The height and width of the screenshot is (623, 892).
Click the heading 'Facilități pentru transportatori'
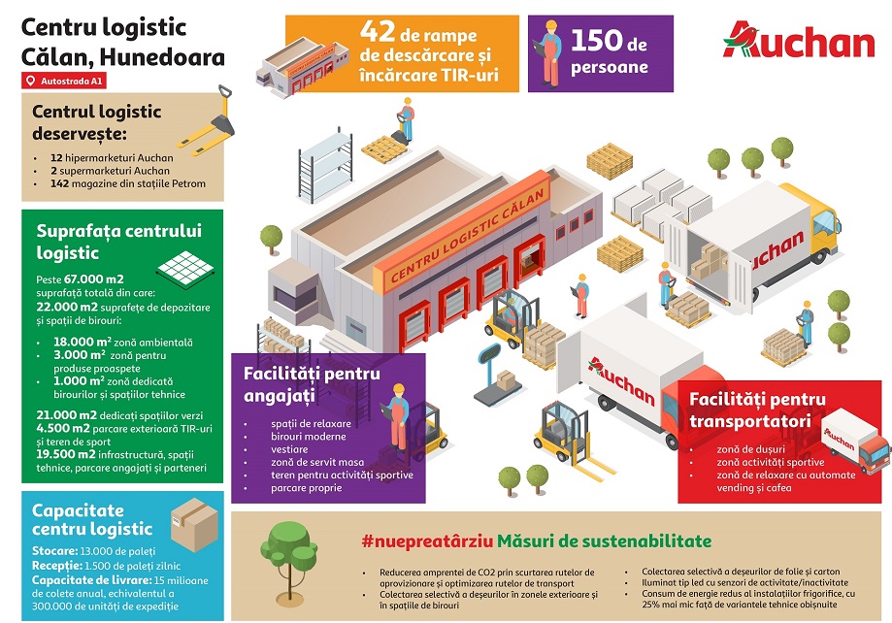point(757,410)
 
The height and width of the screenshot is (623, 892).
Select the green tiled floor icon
point(184,262)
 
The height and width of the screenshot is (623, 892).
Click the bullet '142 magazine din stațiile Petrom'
point(120,185)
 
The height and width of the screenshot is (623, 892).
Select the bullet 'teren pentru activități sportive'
point(343,475)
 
